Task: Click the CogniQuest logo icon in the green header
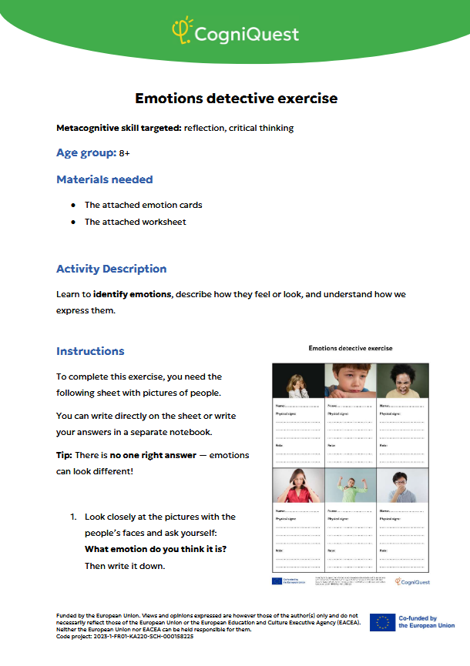(181, 31)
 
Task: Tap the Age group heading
(85, 152)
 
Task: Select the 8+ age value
(124, 153)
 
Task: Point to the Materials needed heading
(104, 179)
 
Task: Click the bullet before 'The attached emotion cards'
(72, 205)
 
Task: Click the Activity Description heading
(111, 269)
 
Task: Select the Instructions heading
(90, 351)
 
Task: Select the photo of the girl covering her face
(297, 380)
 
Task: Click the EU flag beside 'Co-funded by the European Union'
(382, 622)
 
